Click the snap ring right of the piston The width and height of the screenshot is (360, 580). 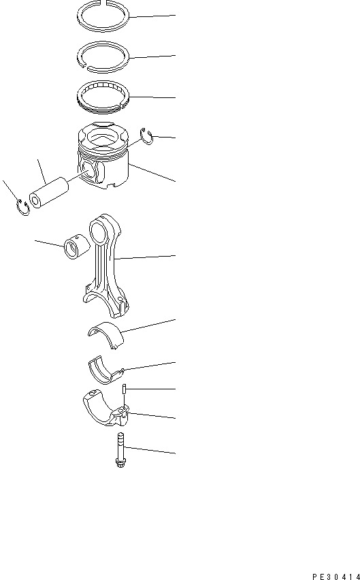(x=146, y=135)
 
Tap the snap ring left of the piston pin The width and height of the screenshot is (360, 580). (x=22, y=208)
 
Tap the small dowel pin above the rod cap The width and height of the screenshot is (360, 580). (x=125, y=390)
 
